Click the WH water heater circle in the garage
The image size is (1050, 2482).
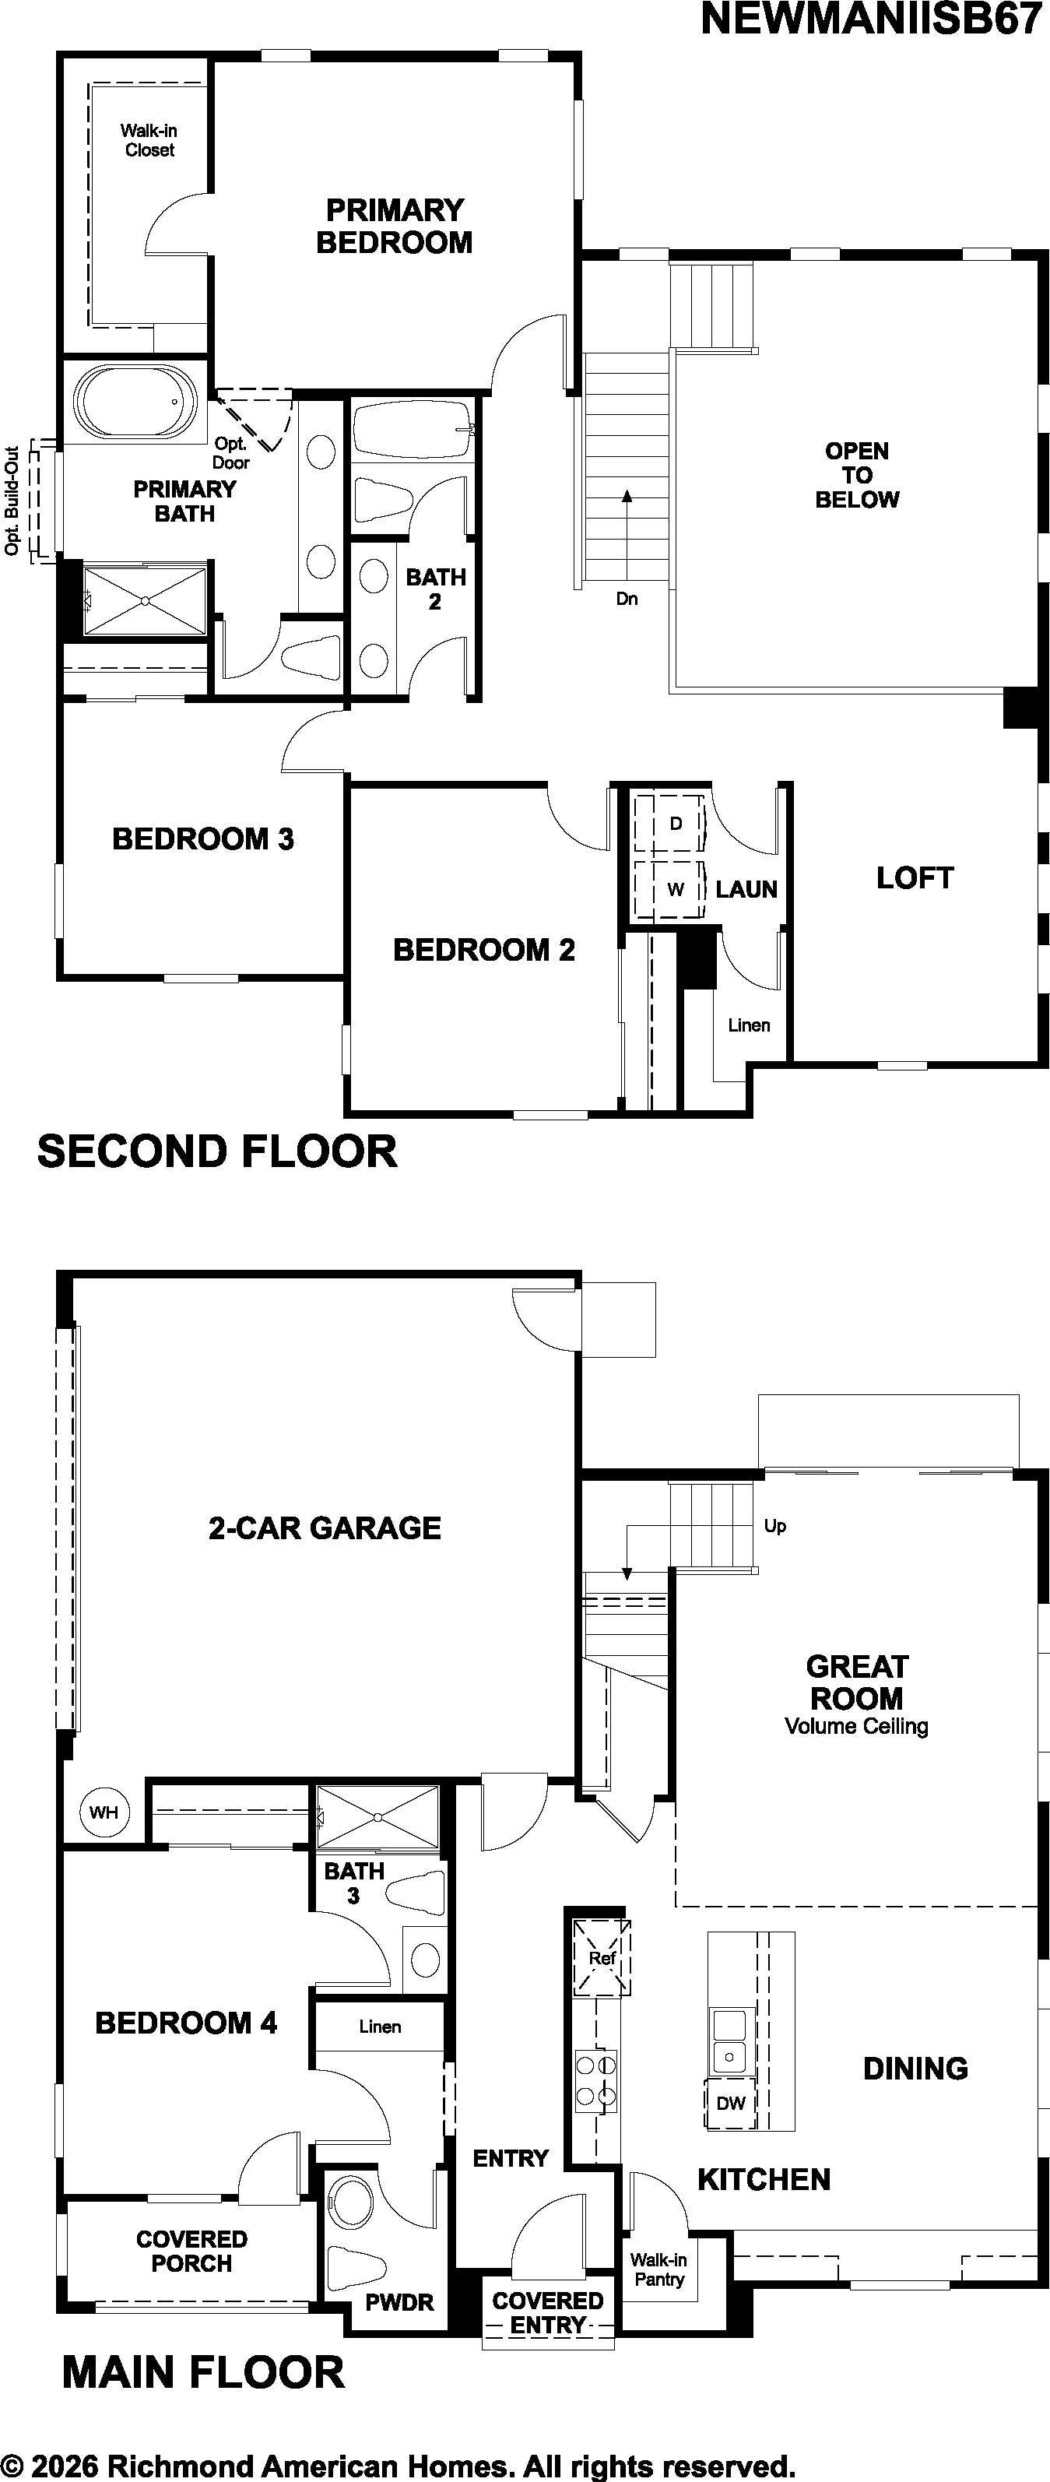pyautogui.click(x=104, y=1812)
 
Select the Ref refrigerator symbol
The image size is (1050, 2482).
pyautogui.click(x=602, y=1959)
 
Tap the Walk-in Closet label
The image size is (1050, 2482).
pyautogui.click(x=149, y=139)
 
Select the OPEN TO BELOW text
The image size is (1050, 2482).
pyautogui.click(x=856, y=475)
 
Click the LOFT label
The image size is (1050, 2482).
pyautogui.click(x=914, y=877)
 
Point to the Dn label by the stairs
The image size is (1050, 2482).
pyautogui.click(x=627, y=599)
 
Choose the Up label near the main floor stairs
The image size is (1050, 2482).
pyautogui.click(x=774, y=1526)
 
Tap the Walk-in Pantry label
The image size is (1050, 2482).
pyautogui.click(x=659, y=2271)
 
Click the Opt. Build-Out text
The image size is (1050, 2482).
pyautogui.click(x=12, y=501)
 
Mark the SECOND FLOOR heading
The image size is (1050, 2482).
pyautogui.click(x=216, y=1152)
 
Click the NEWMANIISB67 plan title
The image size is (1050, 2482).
pyautogui.click(x=871, y=19)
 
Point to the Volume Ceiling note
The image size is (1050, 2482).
pyautogui.click(x=856, y=1727)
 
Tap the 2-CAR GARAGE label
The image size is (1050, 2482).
pyautogui.click(x=325, y=1528)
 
